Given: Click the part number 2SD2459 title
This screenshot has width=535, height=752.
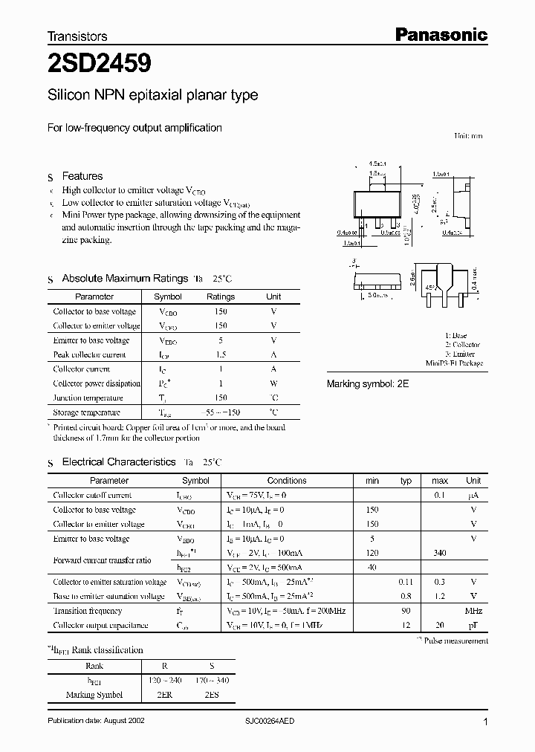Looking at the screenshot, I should [100, 64].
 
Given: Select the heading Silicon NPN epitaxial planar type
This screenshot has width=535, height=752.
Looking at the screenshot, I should [152, 95].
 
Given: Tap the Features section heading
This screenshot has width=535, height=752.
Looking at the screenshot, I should [82, 176].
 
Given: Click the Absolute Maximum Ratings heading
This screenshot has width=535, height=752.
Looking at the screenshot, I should [124, 278].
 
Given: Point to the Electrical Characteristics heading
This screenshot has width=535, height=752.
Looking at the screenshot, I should [118, 461].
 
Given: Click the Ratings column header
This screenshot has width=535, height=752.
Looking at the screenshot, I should [220, 296].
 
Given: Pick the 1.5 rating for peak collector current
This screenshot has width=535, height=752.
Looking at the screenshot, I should [220, 354].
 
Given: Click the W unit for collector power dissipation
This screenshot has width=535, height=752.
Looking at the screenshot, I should [273, 383].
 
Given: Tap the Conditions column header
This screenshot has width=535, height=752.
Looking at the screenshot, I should [287, 481].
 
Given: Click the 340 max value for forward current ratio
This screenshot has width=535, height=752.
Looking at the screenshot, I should [440, 553].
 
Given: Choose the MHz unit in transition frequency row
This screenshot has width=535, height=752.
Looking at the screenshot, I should [473, 611].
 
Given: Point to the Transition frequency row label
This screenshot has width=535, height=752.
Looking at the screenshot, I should [88, 611].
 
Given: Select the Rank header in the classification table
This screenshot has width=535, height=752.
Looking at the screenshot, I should [94, 666].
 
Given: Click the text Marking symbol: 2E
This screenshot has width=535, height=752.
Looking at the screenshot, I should [368, 384].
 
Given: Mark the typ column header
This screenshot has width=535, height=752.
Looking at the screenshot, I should [406, 481].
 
